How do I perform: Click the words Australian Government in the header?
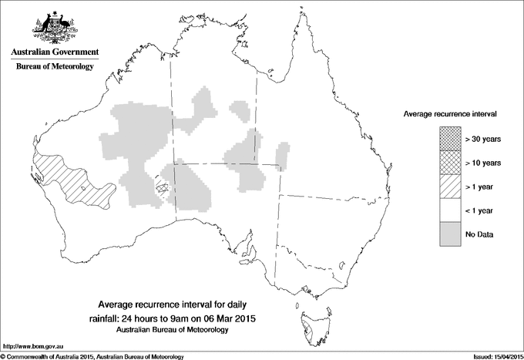(x=54, y=52)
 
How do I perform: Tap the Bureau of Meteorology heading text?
(x=54, y=67)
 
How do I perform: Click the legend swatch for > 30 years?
(x=450, y=138)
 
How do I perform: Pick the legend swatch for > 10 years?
(x=450, y=162)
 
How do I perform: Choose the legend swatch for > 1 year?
(x=450, y=186)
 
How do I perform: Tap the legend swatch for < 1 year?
(x=450, y=210)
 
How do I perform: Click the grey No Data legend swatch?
(x=450, y=234)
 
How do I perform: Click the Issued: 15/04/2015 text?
(x=492, y=355)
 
